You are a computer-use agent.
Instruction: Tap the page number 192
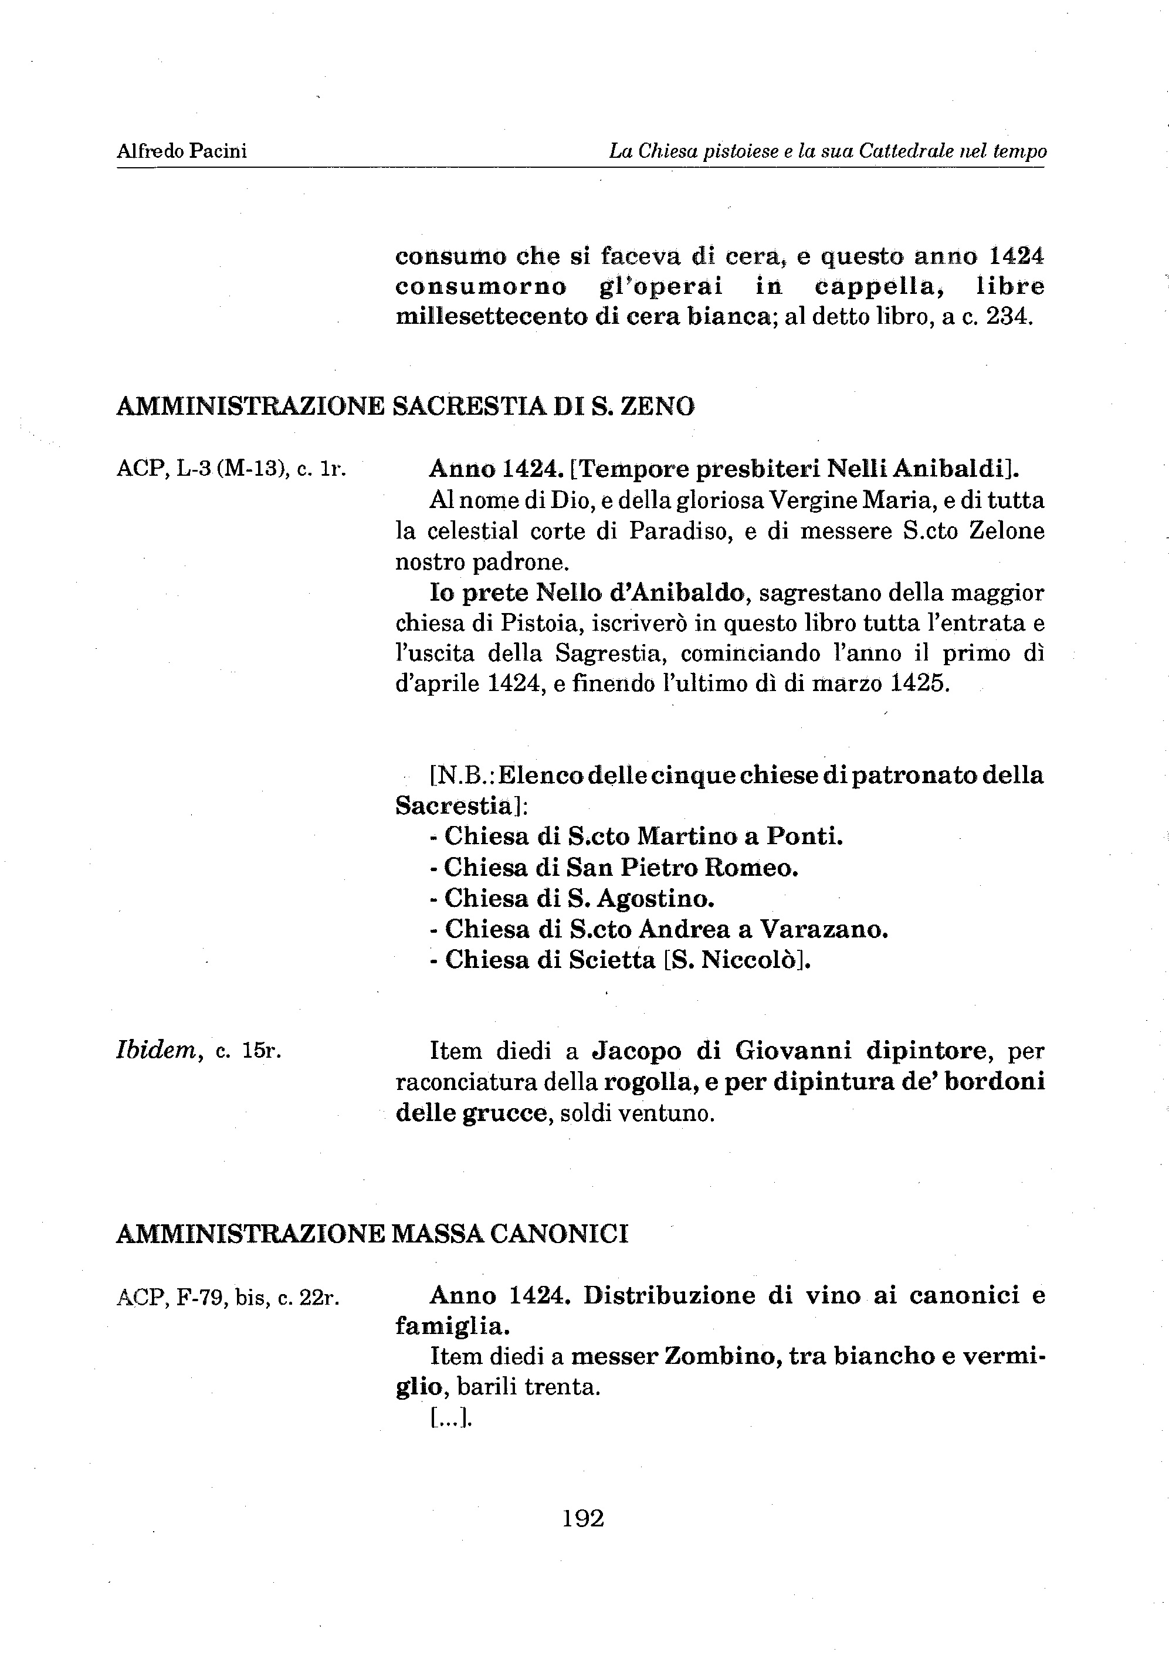(583, 1518)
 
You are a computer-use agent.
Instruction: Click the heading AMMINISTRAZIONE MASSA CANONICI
(372, 1234)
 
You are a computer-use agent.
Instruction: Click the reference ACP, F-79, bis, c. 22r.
(228, 1298)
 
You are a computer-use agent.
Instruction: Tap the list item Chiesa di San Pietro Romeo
(621, 867)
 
